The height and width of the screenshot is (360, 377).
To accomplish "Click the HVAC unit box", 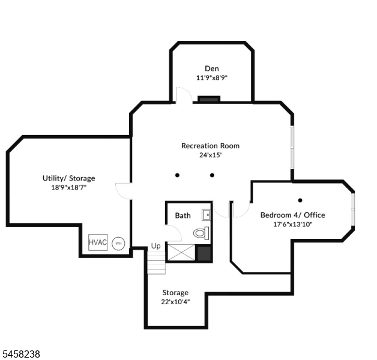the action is pyautogui.click(x=98, y=242).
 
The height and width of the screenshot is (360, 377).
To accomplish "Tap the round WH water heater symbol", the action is pyautogui.click(x=118, y=244).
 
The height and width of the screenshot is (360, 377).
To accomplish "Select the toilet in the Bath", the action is pyautogui.click(x=201, y=233).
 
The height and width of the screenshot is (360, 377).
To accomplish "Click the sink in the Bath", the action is pyautogui.click(x=206, y=215).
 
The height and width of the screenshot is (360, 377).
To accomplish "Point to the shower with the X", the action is pyautogui.click(x=181, y=253).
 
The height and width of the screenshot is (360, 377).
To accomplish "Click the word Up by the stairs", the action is pyautogui.click(x=156, y=246).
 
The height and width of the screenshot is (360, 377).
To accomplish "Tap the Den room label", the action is pyautogui.click(x=212, y=68).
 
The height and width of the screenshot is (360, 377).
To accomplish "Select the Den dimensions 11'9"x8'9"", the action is pyautogui.click(x=212, y=77).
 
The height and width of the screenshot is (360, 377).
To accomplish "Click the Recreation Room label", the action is pyautogui.click(x=210, y=146).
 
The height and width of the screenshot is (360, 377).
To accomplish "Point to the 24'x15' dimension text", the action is pyautogui.click(x=210, y=155).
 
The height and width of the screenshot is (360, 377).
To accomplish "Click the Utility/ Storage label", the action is pyautogui.click(x=69, y=178).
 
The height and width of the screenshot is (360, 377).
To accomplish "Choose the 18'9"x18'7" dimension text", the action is pyautogui.click(x=69, y=187).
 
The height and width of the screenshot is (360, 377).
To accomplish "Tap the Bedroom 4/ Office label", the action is pyautogui.click(x=293, y=215).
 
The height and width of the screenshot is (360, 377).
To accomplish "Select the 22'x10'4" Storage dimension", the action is pyautogui.click(x=175, y=302).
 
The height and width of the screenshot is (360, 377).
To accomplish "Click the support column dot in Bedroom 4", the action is pyautogui.click(x=300, y=200).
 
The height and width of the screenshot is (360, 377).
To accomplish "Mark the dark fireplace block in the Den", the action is pyautogui.click(x=209, y=99).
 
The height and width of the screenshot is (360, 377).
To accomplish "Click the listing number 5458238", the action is pyautogui.click(x=20, y=354).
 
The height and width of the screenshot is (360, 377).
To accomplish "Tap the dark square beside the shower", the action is pyautogui.click(x=204, y=253).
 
